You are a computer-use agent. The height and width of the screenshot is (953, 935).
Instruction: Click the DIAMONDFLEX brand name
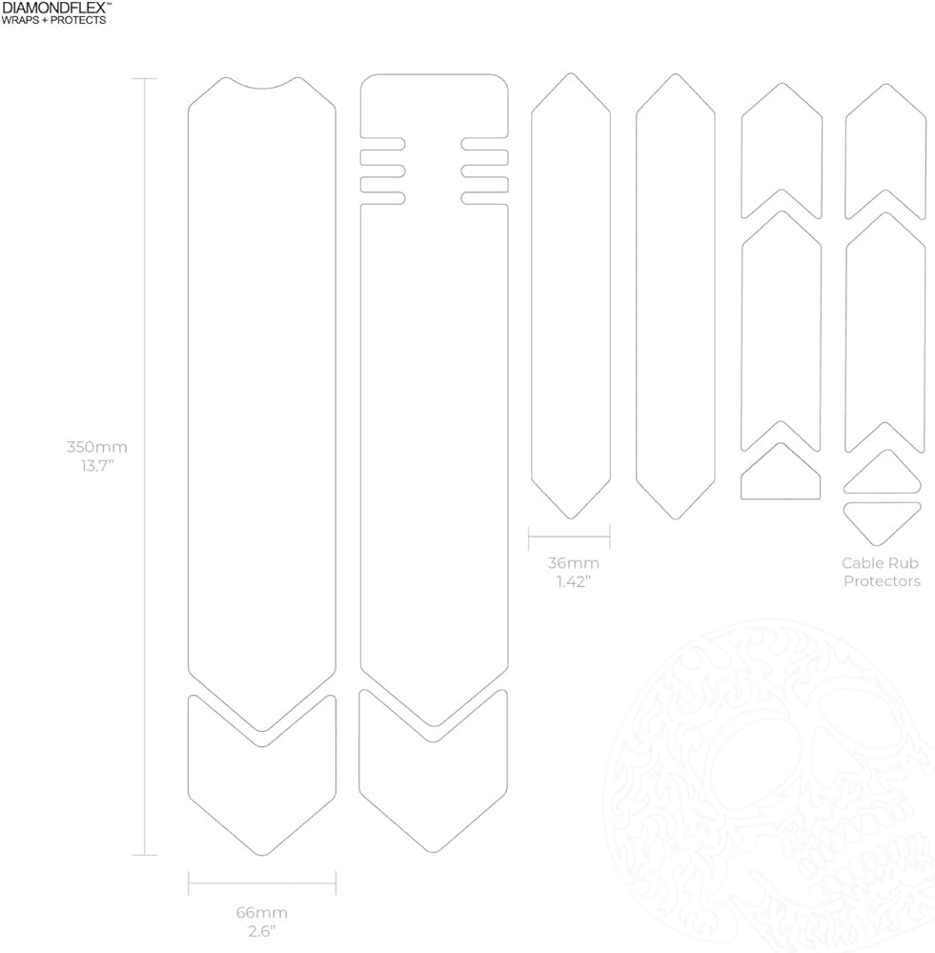pos(54,8)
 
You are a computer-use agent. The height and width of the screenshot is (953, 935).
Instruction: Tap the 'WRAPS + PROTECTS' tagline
pos(53,19)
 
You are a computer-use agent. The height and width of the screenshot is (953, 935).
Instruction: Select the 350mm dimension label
pos(96,447)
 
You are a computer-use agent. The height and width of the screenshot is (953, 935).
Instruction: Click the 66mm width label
pos(261,912)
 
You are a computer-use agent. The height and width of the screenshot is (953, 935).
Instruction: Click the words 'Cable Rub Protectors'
pos(882,572)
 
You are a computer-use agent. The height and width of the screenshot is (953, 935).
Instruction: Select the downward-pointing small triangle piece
pos(882,518)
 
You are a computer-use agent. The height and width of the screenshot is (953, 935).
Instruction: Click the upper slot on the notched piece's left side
pos(382,144)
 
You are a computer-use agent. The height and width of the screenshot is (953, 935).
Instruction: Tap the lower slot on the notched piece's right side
pos(484,198)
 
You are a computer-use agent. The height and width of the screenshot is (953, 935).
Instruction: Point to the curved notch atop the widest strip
pos(262,84)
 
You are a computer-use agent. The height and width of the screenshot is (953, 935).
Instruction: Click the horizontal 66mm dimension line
pos(262,883)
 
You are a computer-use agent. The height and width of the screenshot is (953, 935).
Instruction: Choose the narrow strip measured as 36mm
pos(570,295)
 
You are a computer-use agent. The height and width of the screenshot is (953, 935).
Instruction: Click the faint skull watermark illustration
pos(772,791)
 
